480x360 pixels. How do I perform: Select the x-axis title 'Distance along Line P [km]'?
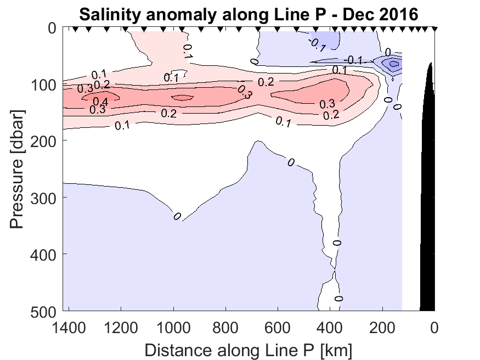click(249, 349)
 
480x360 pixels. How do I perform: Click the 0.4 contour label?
click(100, 102)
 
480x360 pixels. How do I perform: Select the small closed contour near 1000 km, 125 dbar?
click(182, 98)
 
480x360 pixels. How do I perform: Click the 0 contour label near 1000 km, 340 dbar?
click(177, 216)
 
